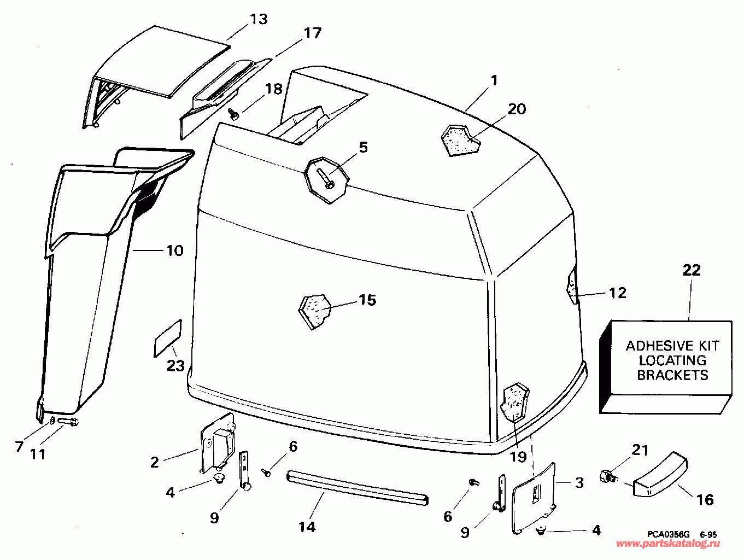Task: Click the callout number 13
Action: tap(259, 19)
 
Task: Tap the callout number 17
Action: tap(313, 33)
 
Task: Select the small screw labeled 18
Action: tap(233, 114)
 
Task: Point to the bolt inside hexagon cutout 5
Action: tap(325, 178)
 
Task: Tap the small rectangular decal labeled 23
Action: tap(168, 338)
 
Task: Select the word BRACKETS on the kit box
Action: tap(672, 375)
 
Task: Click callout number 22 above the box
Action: tap(692, 270)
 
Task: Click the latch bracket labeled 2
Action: tap(218, 444)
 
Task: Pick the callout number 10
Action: tap(175, 250)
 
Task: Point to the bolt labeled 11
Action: tap(69, 422)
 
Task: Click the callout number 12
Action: tap(618, 293)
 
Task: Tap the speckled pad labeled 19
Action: tap(514, 402)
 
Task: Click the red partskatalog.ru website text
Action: tap(668, 544)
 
